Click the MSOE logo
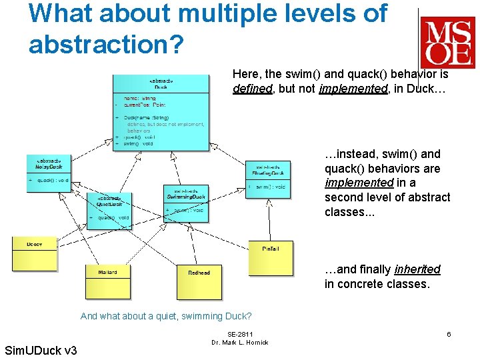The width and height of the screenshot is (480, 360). coord(447,41)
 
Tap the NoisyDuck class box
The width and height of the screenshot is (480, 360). coord(49,173)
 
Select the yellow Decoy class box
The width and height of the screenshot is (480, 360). coord(35,254)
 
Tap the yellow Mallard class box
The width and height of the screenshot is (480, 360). coord(107,281)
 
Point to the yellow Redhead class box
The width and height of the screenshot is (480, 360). coord(199,281)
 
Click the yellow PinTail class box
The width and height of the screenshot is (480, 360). coord(270,258)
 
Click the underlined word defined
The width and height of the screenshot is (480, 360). coord(253,88)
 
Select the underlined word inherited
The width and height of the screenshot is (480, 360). coord(417,269)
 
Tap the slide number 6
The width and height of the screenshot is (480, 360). coord(449,334)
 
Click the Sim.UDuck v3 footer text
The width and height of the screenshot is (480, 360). coord(41,351)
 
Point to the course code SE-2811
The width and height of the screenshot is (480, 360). coord(239,334)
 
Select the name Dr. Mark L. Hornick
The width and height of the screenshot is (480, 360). coord(239,343)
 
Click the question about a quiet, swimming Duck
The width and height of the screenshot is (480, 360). coord(166,316)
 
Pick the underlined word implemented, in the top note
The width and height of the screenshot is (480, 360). coord(353,88)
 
